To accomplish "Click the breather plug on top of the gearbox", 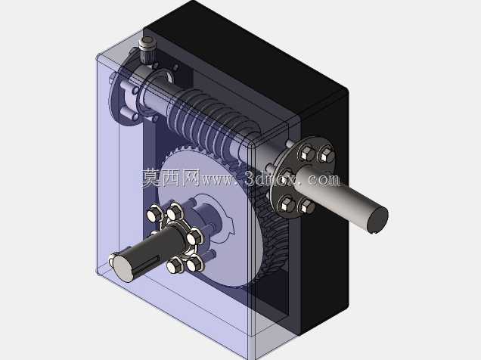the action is tap(147, 49).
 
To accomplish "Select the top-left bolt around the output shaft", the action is tap(153, 214).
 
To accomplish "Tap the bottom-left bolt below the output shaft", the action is tap(175, 265).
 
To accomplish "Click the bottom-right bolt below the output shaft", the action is tap(194, 263).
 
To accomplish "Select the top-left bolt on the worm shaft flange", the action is tap(306, 153).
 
